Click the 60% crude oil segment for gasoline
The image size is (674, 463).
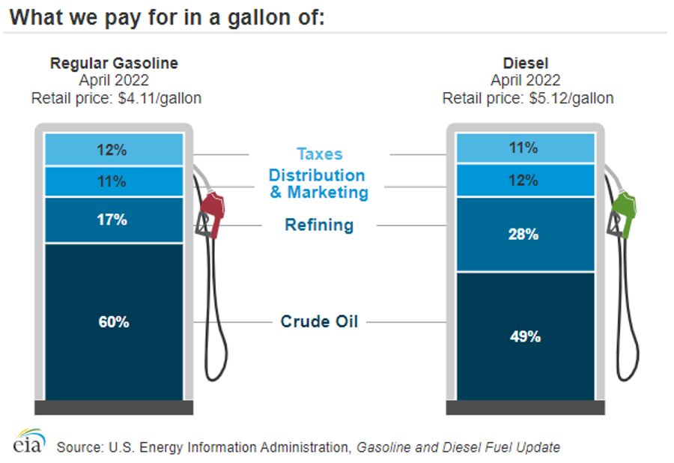click(x=114, y=322)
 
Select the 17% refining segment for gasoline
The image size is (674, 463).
click(x=114, y=220)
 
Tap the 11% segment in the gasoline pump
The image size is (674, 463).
click(x=114, y=181)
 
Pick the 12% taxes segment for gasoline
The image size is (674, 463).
click(x=114, y=149)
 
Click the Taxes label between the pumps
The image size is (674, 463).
click(x=319, y=154)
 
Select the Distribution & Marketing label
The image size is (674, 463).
click(x=318, y=184)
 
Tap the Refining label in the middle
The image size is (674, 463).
click(x=319, y=225)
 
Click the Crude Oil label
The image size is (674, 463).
click(x=319, y=322)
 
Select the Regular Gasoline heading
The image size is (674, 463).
click(x=114, y=63)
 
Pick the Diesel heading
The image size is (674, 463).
click(x=526, y=63)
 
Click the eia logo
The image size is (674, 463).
click(x=28, y=442)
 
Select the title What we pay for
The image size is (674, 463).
click(x=168, y=17)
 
